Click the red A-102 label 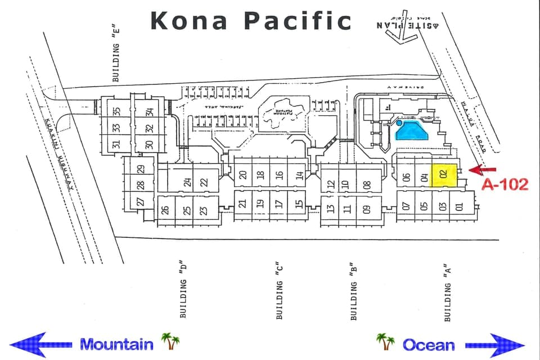point(505,184)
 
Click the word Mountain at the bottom point(116,344)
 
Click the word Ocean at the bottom point(428,344)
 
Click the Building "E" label point(116,53)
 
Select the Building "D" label point(183,290)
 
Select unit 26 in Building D point(165,210)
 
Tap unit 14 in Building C point(300,175)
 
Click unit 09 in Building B point(367,210)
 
